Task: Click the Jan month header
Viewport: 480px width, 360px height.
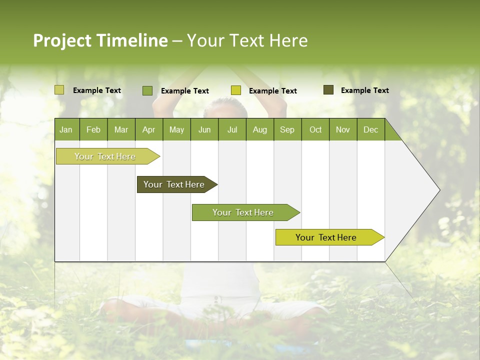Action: pyautogui.click(x=66, y=129)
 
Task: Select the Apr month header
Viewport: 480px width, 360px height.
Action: pyautogui.click(x=149, y=129)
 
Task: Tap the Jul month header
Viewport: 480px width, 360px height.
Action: pyautogui.click(x=232, y=129)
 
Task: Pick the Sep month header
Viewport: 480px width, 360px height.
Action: pyautogui.click(x=287, y=129)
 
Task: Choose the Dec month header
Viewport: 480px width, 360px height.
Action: pyautogui.click(x=370, y=129)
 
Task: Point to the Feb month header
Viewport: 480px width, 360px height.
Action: pyautogui.click(x=93, y=129)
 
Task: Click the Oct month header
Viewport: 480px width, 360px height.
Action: pyautogui.click(x=315, y=129)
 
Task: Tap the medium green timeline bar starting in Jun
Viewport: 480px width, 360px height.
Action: pyautogui.click(x=243, y=212)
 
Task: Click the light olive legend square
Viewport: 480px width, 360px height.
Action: pyautogui.click(x=59, y=90)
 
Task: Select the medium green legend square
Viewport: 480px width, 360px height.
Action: pyautogui.click(x=147, y=90)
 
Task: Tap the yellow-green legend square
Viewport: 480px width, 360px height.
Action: pyautogui.click(x=236, y=90)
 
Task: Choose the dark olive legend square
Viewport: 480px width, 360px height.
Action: pyautogui.click(x=328, y=90)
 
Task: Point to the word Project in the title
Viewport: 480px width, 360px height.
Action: pyautogui.click(x=62, y=40)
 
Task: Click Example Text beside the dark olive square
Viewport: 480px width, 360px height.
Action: pyautogui.click(x=364, y=90)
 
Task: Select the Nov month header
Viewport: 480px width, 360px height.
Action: pyautogui.click(x=343, y=129)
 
